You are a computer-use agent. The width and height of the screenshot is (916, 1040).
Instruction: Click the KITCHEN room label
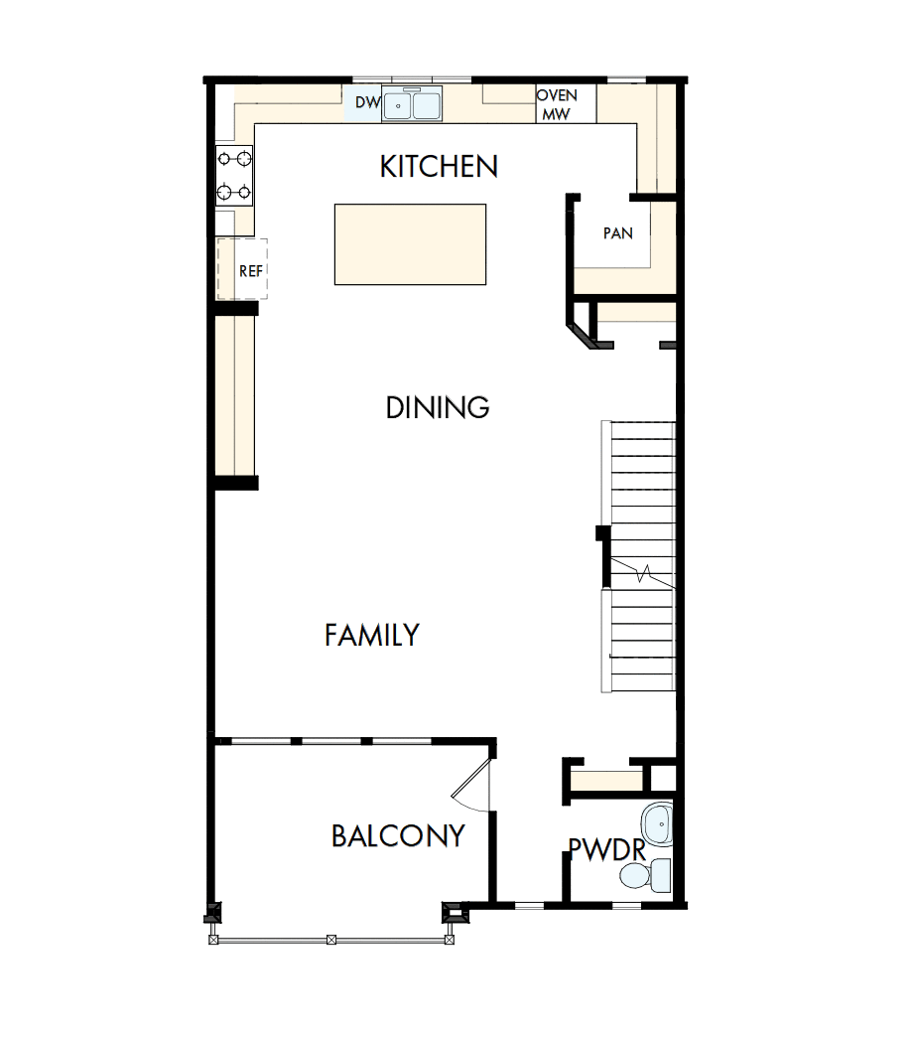[x=439, y=167]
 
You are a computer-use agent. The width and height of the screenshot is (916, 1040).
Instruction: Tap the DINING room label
[x=438, y=407]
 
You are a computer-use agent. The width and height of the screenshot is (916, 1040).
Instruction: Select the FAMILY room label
[x=372, y=635]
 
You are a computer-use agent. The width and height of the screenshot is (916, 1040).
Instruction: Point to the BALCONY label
[x=398, y=836]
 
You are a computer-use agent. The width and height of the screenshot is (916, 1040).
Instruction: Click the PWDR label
[x=606, y=849]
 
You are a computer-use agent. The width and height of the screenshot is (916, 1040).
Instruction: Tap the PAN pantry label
[x=617, y=233]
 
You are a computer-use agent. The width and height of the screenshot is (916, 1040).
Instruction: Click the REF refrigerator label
[x=250, y=269]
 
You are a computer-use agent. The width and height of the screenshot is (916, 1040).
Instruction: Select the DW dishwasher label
[x=367, y=102]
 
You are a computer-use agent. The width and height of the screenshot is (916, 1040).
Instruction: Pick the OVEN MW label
[x=557, y=104]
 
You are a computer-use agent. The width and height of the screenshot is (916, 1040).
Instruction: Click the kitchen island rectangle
[x=410, y=244]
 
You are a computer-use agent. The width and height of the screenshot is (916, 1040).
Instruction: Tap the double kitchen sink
[x=413, y=104]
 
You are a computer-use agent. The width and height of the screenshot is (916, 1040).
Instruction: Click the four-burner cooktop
[x=235, y=175]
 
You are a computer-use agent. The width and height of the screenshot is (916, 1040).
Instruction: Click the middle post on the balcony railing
[x=331, y=938]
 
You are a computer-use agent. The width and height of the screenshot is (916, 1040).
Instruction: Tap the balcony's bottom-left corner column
[x=211, y=912]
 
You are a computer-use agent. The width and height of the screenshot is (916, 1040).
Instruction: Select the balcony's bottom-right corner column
[x=452, y=911]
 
